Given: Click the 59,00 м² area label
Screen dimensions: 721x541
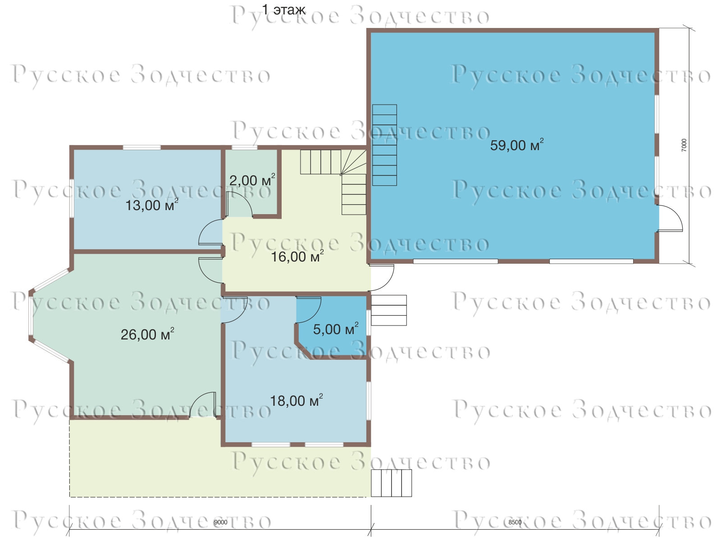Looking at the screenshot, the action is coord(517,145).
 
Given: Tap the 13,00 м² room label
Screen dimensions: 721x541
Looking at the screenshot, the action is coord(152,205).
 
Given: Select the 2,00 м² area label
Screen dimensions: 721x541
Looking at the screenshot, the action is coord(252,180).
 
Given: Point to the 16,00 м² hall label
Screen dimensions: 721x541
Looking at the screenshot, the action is coord(297,256).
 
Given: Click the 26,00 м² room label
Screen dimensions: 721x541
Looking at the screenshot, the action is coord(147,334).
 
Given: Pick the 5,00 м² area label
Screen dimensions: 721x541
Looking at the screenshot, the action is coord(335,329).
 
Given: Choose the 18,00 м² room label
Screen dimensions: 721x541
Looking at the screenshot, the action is coord(296,400).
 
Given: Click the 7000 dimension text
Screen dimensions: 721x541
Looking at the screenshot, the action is coord(684,145).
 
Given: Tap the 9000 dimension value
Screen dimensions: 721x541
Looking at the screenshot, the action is coord(220,522).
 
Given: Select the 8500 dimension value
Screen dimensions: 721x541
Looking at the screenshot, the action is coord(515,522).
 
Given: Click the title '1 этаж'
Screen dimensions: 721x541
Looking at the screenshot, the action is coord(284,10).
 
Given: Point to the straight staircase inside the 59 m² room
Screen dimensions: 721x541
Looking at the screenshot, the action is coord(384,145).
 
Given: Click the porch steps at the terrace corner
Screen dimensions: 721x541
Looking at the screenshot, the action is coord(391,483).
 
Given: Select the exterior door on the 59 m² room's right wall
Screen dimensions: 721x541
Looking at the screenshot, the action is coord(670,218).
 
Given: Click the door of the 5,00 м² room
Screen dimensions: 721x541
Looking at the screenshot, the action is coord(308,310).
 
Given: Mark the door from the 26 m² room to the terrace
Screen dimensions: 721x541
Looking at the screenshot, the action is coord(202,405).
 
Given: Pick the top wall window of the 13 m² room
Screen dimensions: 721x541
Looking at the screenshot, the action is coord(142,147).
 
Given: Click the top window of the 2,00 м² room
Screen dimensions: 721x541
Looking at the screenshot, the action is coord(244,147).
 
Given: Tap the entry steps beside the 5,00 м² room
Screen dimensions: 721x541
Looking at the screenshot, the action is coord(389,310).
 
